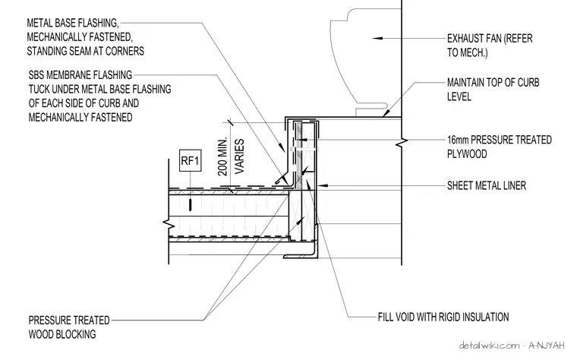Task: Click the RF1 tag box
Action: coord(191,160)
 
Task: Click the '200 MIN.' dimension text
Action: coord(223,156)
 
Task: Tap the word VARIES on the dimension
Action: coord(240,156)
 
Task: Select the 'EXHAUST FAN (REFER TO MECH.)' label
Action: coord(490,46)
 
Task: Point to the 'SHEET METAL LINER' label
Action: coord(487,185)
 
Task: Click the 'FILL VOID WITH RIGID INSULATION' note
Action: coord(443,317)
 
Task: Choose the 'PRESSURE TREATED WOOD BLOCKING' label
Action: coord(69,327)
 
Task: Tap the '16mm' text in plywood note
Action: coord(458,140)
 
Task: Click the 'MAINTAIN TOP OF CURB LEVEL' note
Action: coord(493,90)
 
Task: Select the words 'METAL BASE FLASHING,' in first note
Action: coord(73,23)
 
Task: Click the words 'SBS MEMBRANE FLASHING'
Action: coord(80,75)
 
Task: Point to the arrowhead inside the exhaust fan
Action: coord(377,38)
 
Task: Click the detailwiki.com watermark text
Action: coord(489,346)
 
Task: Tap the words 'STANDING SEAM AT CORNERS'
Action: coord(85,51)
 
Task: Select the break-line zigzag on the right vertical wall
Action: coord(402,142)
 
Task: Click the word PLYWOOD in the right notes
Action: coord(467,154)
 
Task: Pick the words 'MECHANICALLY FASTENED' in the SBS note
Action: coord(80,118)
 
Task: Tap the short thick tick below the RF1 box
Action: coord(191,205)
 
